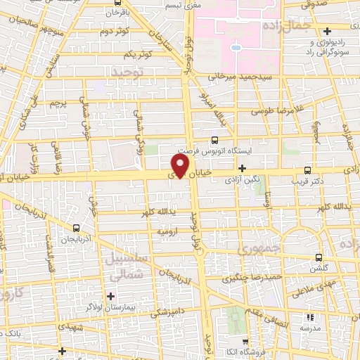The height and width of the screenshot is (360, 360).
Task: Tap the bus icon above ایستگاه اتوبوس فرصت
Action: pos(214,140)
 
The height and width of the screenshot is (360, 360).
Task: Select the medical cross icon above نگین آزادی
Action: pos(242,168)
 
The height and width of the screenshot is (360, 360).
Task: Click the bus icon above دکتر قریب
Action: pos(307,169)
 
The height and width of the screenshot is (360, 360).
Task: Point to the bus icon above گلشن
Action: pos(319,257)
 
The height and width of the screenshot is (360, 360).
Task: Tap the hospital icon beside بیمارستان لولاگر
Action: pos(110,296)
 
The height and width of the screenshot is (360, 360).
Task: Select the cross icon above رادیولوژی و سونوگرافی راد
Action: pos(328,31)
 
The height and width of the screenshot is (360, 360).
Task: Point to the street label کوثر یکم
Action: pos(139,55)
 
